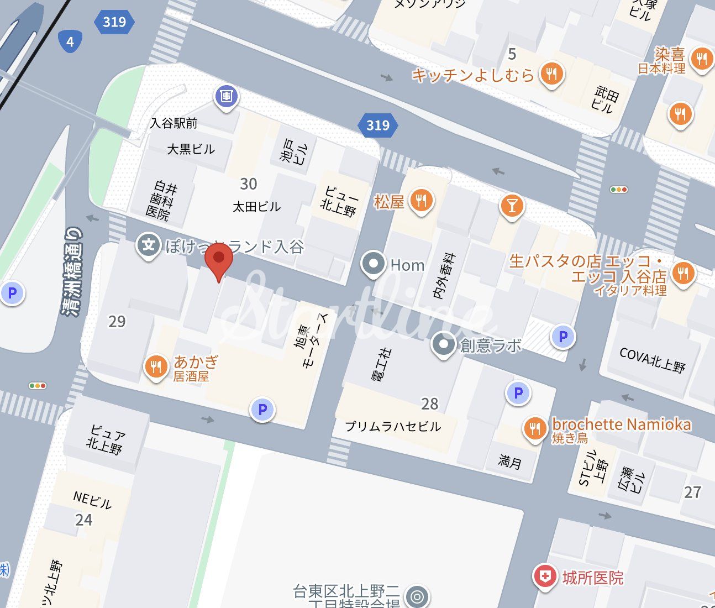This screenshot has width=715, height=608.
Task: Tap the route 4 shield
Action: [70, 41]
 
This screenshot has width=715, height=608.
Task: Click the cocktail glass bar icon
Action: [512, 206]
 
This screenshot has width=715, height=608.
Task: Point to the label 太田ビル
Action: [256, 207]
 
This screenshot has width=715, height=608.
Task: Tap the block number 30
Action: [249, 184]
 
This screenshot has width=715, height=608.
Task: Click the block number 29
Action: [117, 321]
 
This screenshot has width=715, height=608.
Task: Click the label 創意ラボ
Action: [491, 345]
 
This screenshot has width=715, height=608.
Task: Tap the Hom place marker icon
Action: [374, 264]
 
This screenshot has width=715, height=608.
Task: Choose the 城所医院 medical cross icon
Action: [545, 577]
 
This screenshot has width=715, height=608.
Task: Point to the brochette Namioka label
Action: [622, 424]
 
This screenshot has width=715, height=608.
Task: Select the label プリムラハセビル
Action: [393, 426]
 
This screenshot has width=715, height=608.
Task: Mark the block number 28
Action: [429, 404]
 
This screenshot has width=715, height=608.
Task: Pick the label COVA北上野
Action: [652, 360]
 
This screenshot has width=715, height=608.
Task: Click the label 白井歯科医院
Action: [162, 201]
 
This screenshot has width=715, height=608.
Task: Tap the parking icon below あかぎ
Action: [262, 410]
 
